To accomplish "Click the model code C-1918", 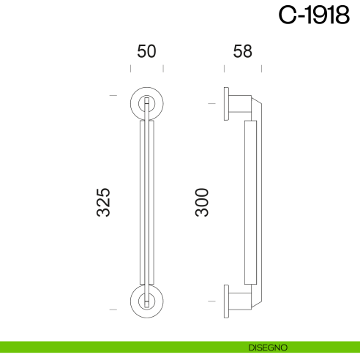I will [x=314, y=16].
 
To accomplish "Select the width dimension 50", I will [x=147, y=51].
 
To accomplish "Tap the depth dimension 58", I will [x=241, y=51].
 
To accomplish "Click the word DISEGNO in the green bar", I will [x=266, y=346].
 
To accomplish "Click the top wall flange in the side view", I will [x=227, y=105].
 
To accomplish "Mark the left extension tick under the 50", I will [x=131, y=69].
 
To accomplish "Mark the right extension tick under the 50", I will [x=163, y=69].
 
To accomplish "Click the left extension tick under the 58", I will [x=225, y=69].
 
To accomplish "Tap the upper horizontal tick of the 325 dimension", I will [x=113, y=96].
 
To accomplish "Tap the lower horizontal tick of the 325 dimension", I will [x=113, y=310].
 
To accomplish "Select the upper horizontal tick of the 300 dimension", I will [x=211, y=105].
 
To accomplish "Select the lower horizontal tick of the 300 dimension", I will [x=211, y=300].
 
